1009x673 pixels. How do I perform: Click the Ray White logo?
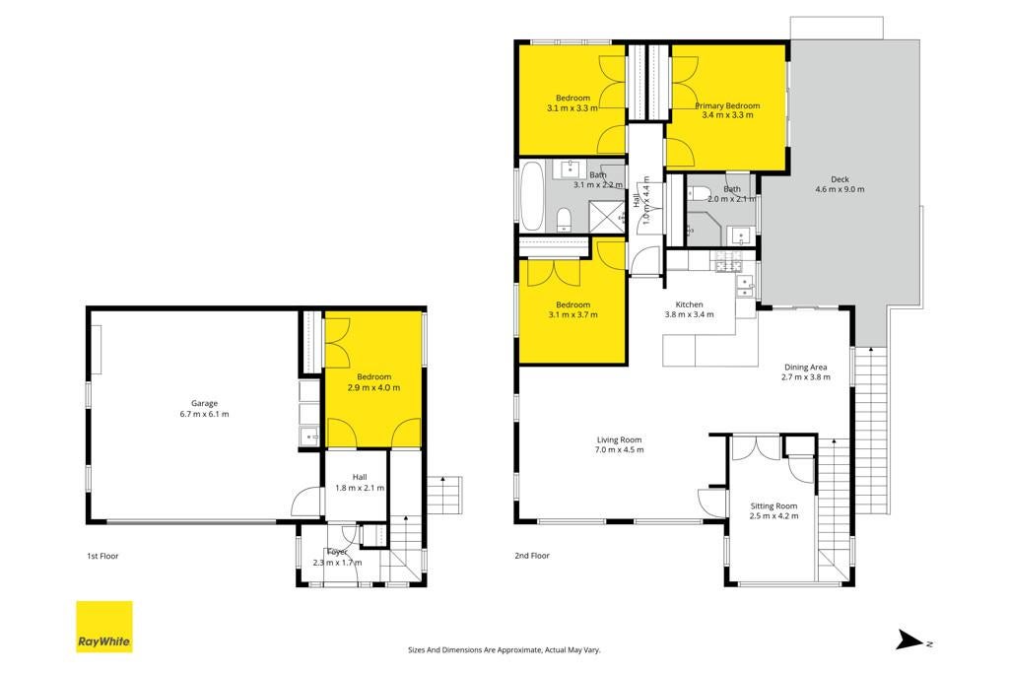pyautogui.click(x=104, y=627)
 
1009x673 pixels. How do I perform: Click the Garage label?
pyautogui.click(x=204, y=403)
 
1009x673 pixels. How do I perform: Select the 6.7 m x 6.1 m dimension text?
pyautogui.click(x=204, y=414)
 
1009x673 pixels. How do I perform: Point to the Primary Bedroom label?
pyautogui.click(x=727, y=105)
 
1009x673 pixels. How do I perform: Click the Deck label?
pyautogui.click(x=840, y=179)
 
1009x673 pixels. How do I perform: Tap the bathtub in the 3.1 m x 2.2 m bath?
pyautogui.click(x=532, y=196)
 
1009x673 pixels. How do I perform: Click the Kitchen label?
pyautogui.click(x=689, y=304)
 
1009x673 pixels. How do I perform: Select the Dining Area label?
pyautogui.click(x=806, y=368)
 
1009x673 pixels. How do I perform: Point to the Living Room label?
pyautogui.click(x=619, y=440)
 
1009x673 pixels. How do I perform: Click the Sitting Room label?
pyautogui.click(x=774, y=506)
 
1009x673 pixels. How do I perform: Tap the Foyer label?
pyautogui.click(x=337, y=552)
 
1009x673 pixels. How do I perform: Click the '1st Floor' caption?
pyautogui.click(x=102, y=556)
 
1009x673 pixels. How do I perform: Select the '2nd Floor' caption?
pyautogui.click(x=532, y=556)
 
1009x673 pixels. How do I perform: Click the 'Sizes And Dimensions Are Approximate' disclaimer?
pyautogui.click(x=504, y=649)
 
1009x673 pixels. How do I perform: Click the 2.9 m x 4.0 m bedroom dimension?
pyautogui.click(x=373, y=387)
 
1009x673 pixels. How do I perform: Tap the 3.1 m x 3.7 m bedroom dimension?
pyautogui.click(x=572, y=314)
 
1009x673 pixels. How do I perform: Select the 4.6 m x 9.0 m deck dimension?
pyautogui.click(x=840, y=189)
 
